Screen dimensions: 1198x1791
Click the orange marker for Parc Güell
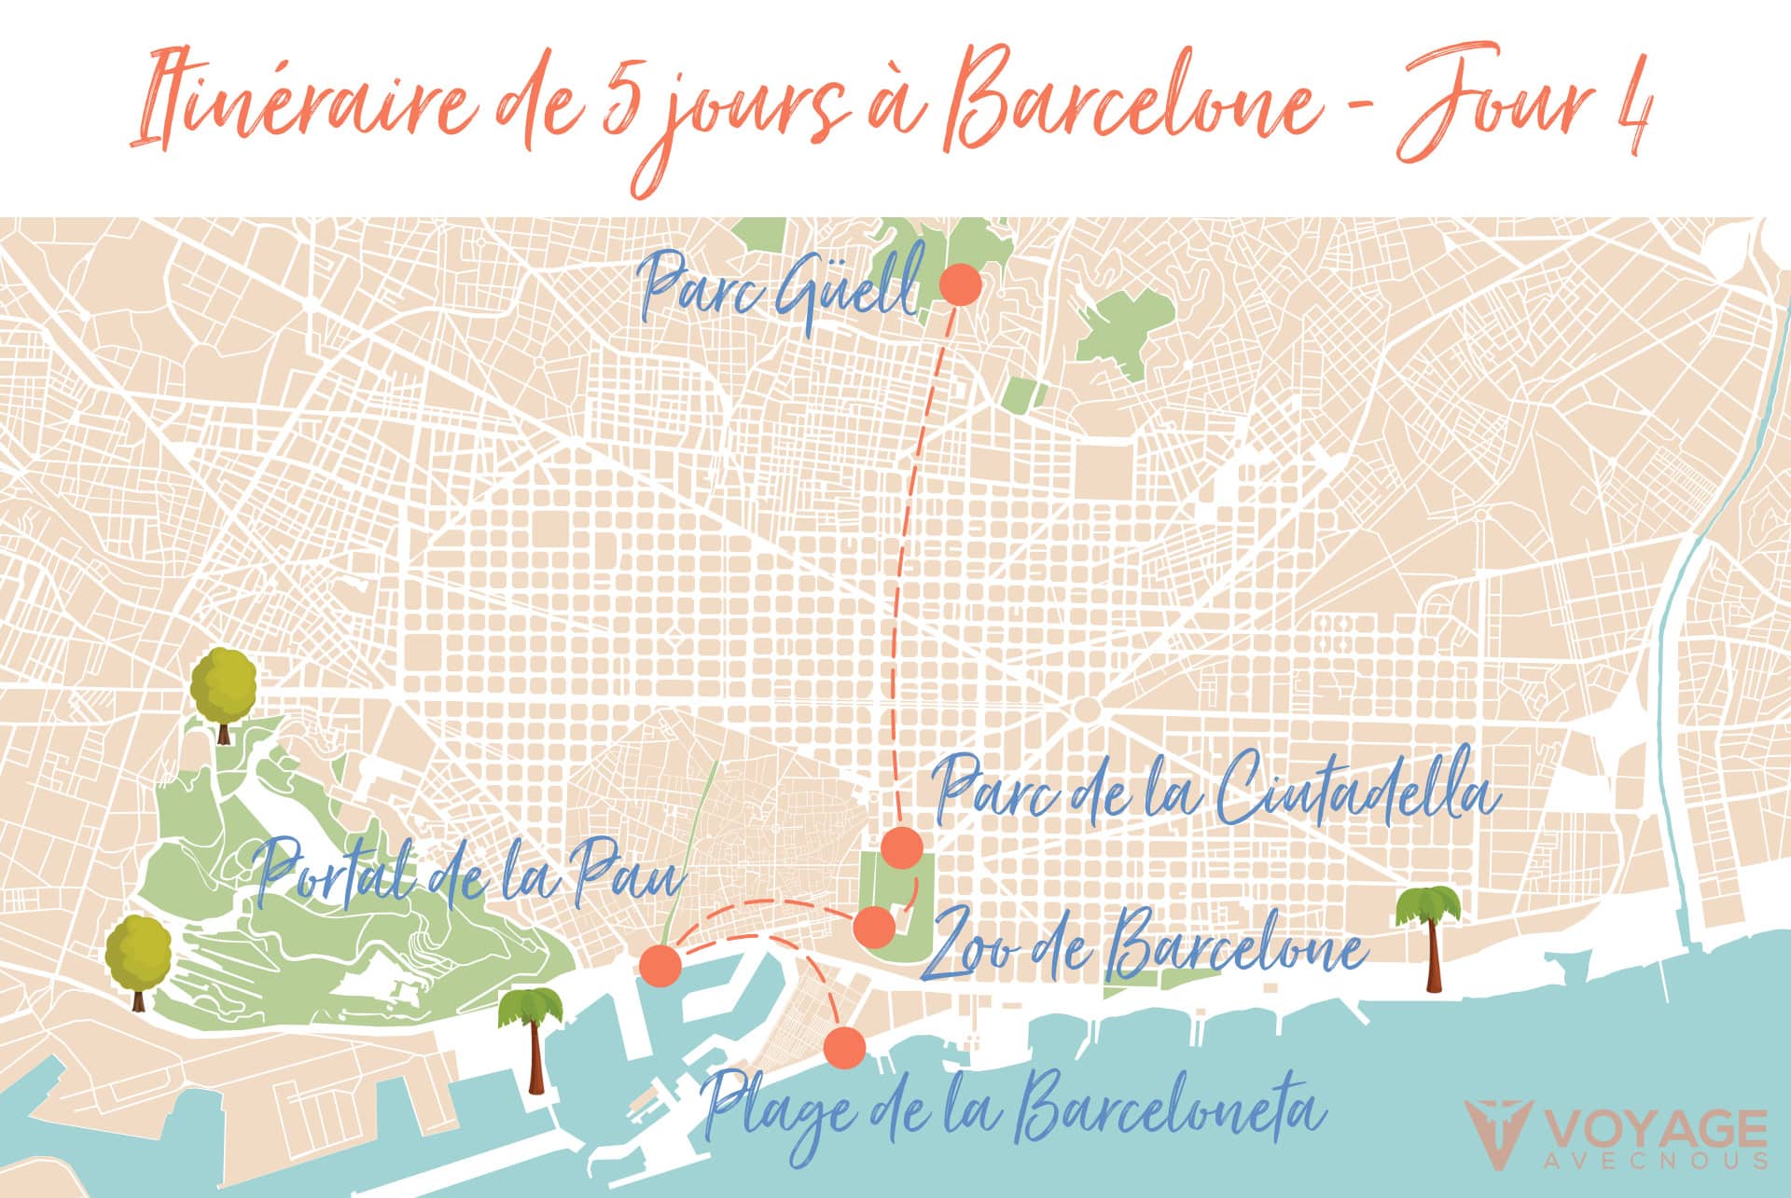[960, 284]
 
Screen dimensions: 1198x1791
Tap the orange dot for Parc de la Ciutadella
[902, 847]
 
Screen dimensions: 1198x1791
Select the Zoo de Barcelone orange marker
[875, 927]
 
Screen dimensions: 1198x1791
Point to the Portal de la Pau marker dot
[660, 965]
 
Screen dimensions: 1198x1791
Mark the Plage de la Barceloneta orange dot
[846, 1047]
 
